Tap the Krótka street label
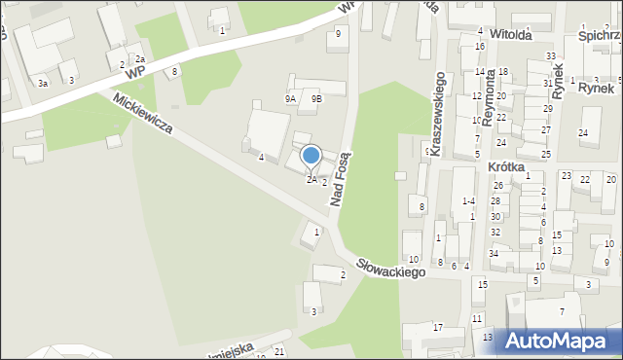pyautogui.click(x=505, y=167)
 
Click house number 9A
pyautogui.click(x=290, y=98)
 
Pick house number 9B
pyautogui.click(x=316, y=98)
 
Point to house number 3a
pyautogui.click(x=43, y=84)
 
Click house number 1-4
pyautogui.click(x=468, y=200)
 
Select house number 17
pyautogui.click(x=438, y=327)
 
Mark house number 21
pyautogui.click(x=279, y=350)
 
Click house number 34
pyautogui.click(x=494, y=254)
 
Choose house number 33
pyautogui.click(x=551, y=56)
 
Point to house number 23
pyautogui.click(x=566, y=176)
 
